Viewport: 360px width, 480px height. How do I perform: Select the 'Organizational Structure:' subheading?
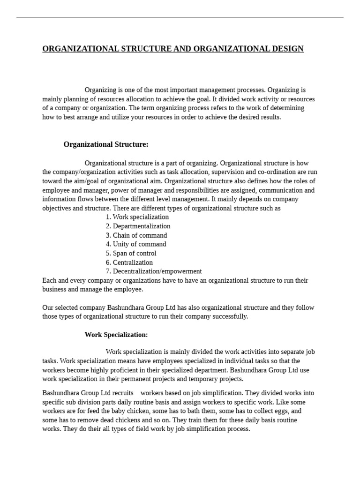click(x=106, y=144)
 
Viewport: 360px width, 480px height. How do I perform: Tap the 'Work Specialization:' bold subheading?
click(x=116, y=335)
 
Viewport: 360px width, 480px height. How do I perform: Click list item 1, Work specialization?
click(x=137, y=217)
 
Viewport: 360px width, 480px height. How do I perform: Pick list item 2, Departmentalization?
click(x=138, y=226)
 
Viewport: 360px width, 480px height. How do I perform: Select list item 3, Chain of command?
click(x=136, y=235)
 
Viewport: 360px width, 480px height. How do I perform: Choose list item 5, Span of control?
click(x=131, y=253)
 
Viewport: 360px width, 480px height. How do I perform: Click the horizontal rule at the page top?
click(x=180, y=17)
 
